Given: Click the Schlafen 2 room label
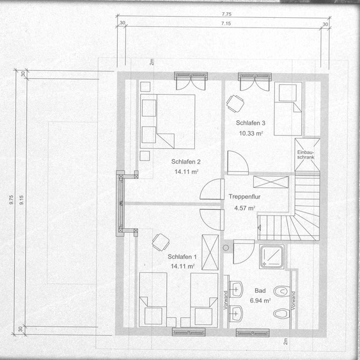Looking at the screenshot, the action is coord(185,162).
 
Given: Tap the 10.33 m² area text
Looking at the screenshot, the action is coord(251,133).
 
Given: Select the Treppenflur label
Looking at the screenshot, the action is coord(244,197).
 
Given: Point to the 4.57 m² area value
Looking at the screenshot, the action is coord(244,208).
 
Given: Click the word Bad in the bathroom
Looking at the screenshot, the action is coord(260,291).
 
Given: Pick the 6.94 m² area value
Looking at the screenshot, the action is coord(260,301).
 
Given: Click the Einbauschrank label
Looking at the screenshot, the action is coord(306,155).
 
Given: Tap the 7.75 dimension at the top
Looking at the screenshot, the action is coord(226,14).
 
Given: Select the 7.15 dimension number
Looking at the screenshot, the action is coord(226,24).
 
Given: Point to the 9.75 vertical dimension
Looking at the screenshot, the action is coord(12,200).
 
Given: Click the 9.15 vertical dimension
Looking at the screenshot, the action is coord(21,200).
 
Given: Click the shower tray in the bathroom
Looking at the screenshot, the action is coord(272,256).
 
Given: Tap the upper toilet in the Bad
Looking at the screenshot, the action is coord(282,292).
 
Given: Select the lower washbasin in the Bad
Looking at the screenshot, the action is coord(236,313).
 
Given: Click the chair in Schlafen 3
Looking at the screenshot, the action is coord(235,104).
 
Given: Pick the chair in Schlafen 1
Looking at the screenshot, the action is coord(160,242).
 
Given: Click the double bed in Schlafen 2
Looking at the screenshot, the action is coord(168,121).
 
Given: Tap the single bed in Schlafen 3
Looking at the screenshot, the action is coord(288,109).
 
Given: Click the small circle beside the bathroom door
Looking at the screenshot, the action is coord(226,247).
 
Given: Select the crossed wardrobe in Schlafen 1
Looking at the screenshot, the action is coord(210,253).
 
